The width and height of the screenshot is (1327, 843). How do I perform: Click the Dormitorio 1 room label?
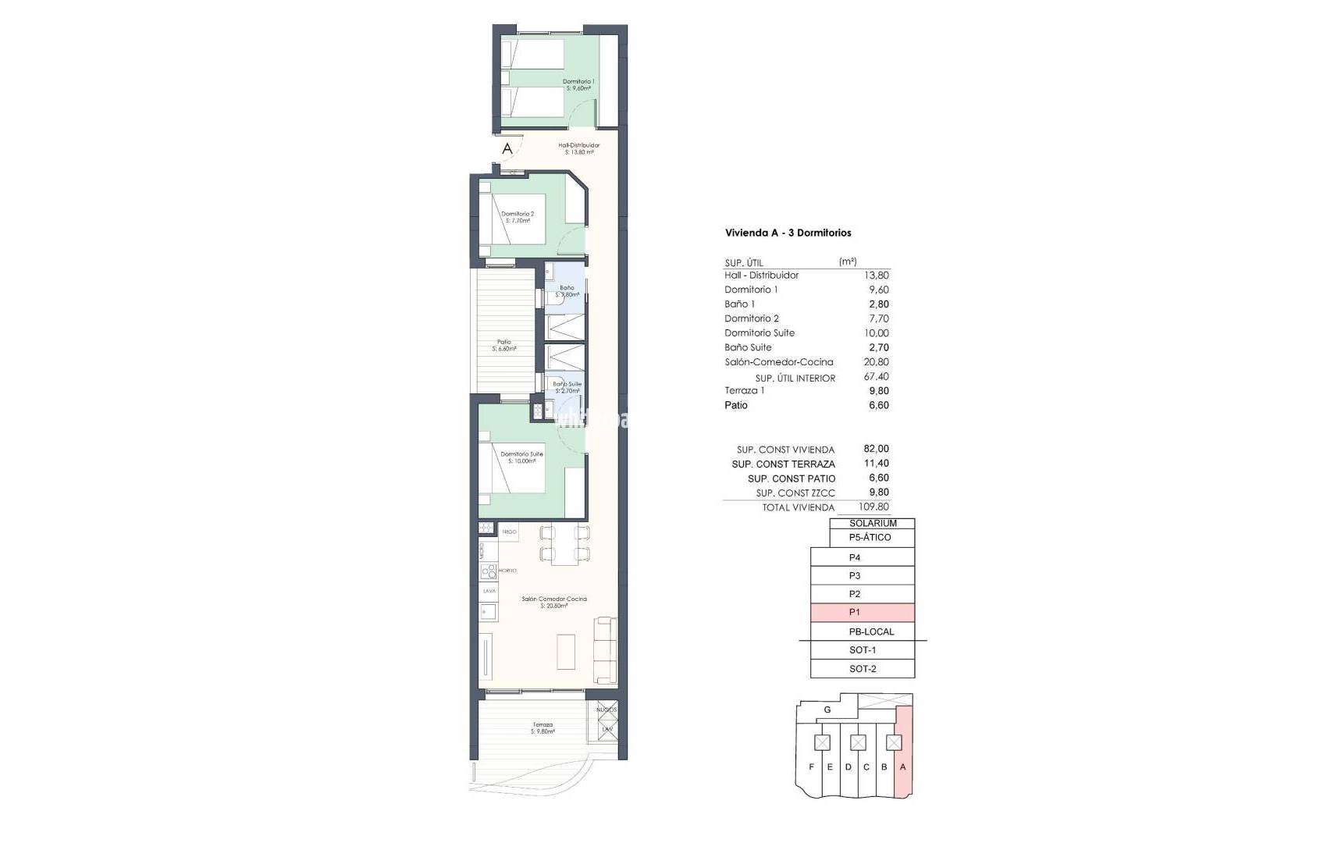578,84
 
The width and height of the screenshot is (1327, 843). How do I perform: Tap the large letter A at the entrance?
507,148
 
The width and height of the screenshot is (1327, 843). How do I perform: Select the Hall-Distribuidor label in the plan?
578,148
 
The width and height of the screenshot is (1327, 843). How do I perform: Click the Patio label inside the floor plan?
504,345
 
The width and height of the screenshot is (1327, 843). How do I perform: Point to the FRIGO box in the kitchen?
509,532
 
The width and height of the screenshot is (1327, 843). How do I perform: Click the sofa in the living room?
606,649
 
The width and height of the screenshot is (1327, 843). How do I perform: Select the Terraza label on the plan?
543,727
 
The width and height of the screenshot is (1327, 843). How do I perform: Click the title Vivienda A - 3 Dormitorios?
788,233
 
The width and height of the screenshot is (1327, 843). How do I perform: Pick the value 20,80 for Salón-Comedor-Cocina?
877,362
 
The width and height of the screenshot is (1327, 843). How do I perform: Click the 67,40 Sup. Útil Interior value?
877,377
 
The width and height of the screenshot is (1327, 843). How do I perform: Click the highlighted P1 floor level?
862,613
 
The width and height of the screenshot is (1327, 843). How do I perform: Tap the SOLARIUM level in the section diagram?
872,523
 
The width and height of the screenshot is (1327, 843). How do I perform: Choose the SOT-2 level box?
862,669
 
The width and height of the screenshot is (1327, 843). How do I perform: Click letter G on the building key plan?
827,710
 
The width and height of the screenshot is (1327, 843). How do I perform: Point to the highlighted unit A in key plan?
902,767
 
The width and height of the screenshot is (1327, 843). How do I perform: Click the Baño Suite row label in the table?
748,347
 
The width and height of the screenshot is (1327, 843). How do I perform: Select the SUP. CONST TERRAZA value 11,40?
877,464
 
